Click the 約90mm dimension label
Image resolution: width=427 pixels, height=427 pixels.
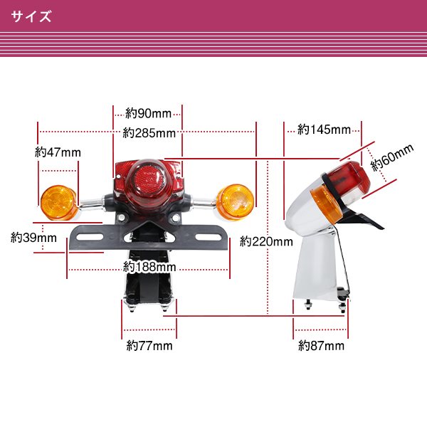148,113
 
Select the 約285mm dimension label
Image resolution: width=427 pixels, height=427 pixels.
149,133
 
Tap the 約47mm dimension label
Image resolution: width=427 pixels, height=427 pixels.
58,152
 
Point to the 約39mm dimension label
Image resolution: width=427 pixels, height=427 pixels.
33,238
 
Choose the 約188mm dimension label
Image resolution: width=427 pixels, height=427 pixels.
149,267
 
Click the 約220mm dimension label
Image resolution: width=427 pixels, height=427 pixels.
266,241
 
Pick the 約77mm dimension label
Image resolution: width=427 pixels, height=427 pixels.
149,347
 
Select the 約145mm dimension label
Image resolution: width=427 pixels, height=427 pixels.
324,130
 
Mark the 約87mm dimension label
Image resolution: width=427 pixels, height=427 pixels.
321,347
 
